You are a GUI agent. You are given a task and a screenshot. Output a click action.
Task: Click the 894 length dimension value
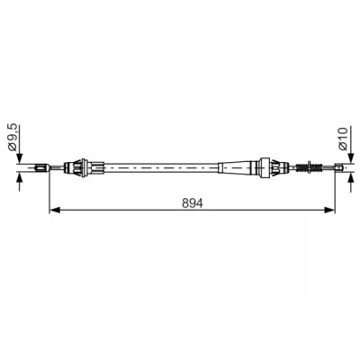[193, 203]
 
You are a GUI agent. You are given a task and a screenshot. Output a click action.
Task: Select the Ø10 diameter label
[343, 139]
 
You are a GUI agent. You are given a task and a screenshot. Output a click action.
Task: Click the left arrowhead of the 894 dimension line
[55, 210]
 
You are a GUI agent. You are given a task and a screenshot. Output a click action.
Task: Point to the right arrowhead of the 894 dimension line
[328, 210]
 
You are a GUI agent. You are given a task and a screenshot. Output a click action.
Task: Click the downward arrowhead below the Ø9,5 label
[20, 158]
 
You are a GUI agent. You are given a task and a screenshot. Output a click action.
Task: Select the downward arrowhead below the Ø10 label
[351, 158]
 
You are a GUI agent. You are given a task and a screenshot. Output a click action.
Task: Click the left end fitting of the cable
[42, 167]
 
